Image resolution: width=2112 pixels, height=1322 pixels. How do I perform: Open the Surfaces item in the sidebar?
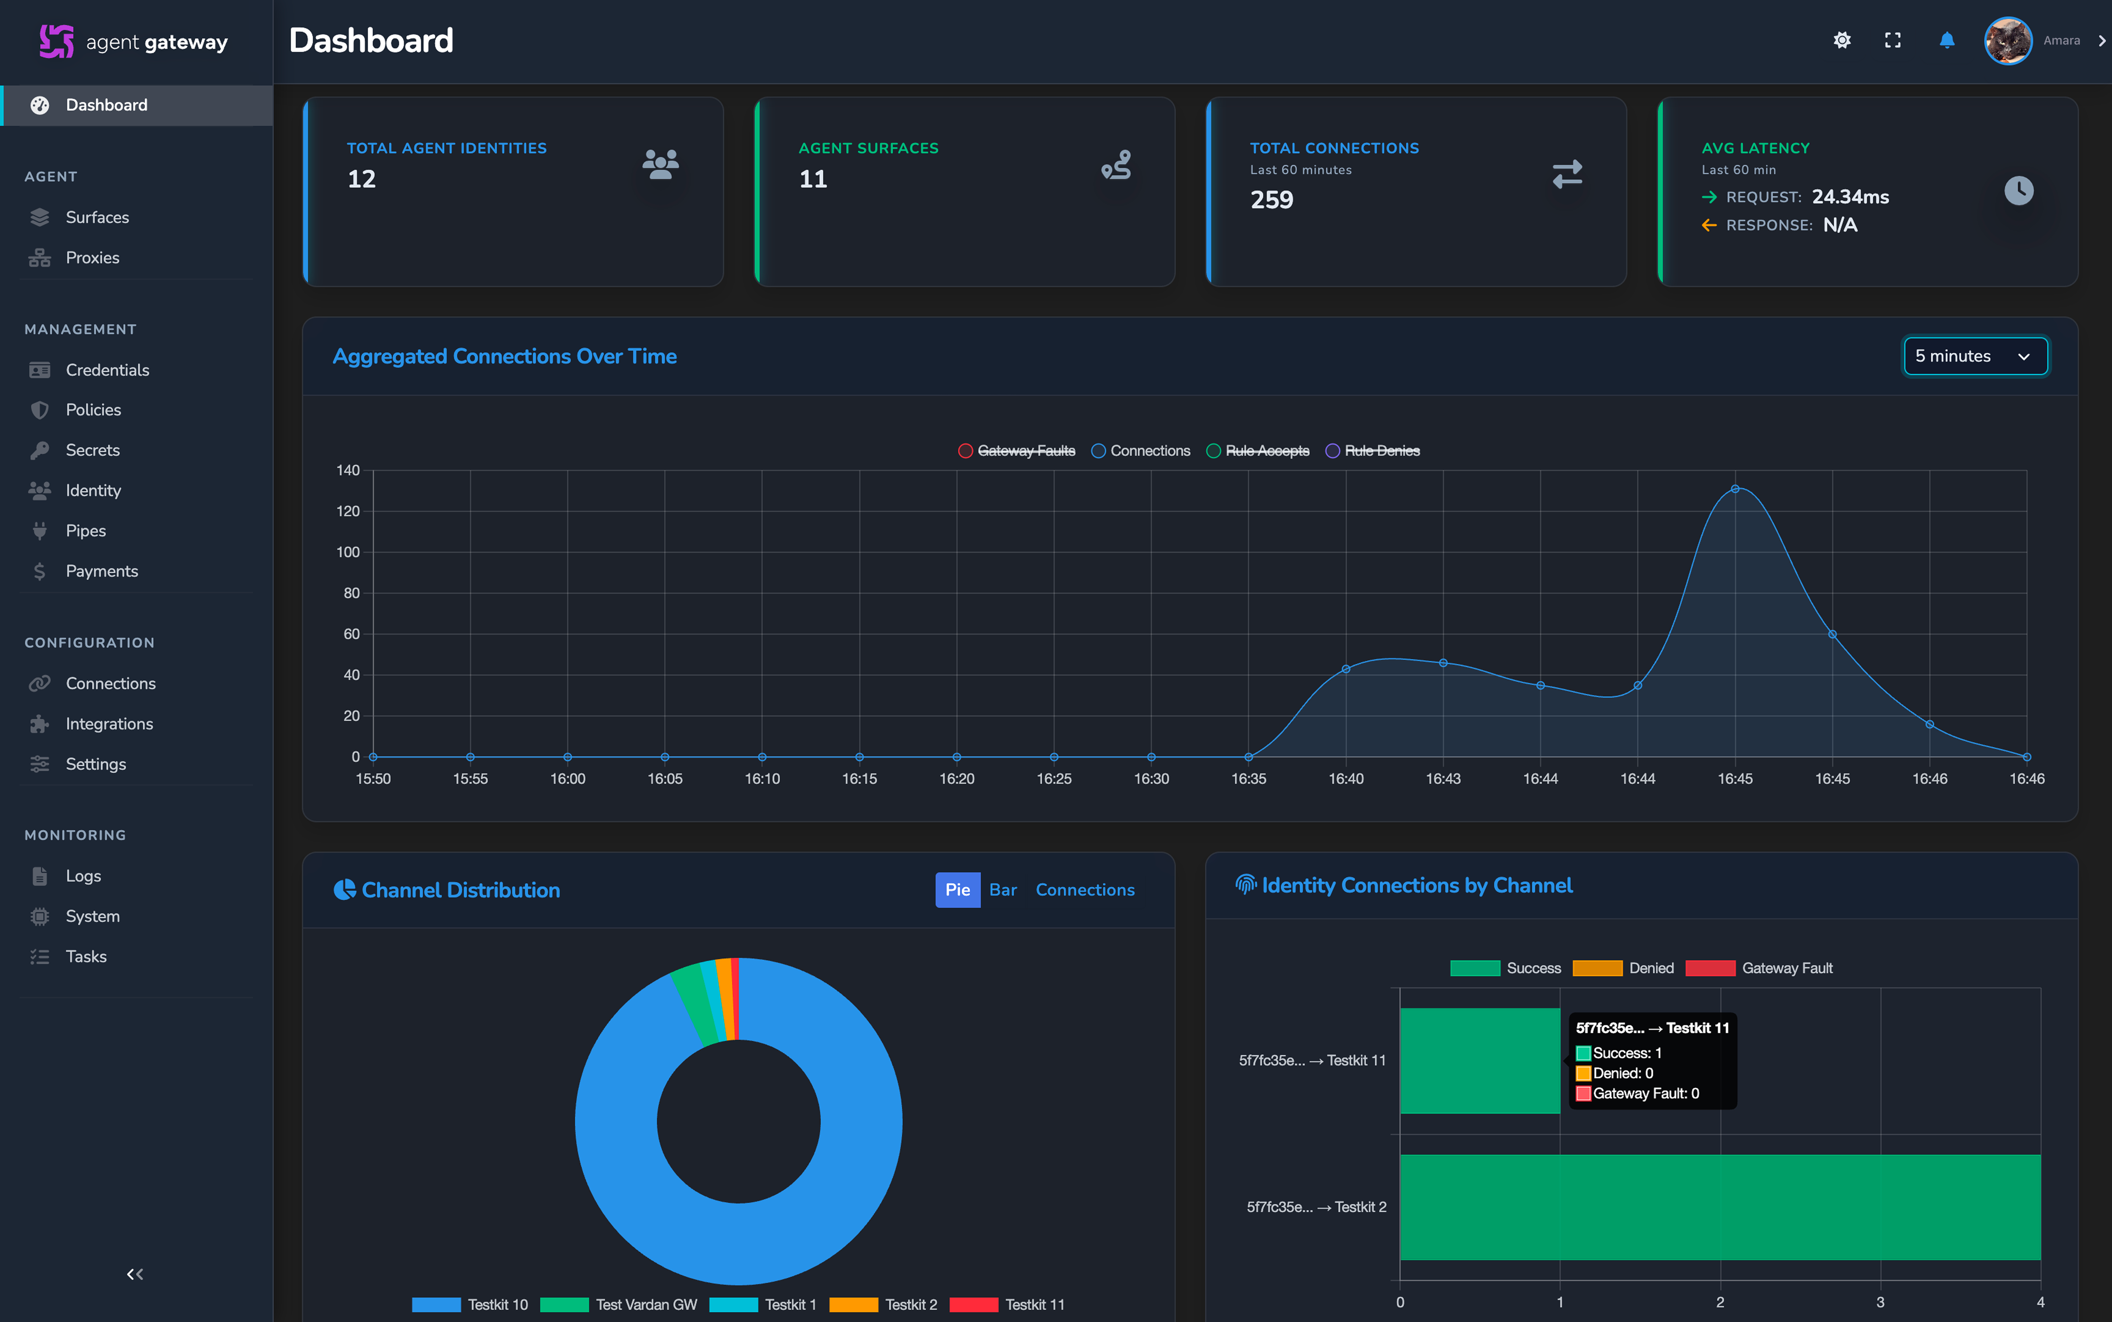click(97, 217)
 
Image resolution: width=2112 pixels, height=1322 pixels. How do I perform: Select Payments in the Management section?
click(101, 571)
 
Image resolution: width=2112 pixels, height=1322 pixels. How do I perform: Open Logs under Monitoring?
click(83, 876)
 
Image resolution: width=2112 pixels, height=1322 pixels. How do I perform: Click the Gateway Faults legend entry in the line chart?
click(1017, 450)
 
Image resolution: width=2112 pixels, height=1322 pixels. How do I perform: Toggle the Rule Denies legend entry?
click(1373, 450)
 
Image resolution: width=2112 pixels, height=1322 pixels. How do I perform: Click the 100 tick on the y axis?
click(348, 552)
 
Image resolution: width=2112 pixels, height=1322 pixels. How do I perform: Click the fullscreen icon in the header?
click(1893, 40)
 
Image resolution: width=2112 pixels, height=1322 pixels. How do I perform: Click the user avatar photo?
click(2008, 40)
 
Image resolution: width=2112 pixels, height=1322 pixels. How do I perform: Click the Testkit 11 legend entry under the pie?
click(1007, 1305)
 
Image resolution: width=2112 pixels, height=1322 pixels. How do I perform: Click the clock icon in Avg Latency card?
click(2019, 191)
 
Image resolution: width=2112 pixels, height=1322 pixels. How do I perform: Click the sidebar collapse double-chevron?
click(135, 1274)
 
